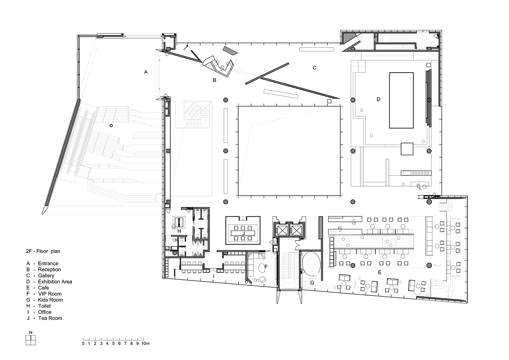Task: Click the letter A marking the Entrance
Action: click(146, 72)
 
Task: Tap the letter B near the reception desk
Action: click(214, 80)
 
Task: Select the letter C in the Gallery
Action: click(315, 68)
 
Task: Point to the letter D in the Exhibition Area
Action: click(378, 100)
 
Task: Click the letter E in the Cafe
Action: click(380, 272)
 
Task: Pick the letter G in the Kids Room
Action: click(312, 283)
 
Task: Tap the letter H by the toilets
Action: click(179, 231)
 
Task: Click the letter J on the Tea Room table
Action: click(243, 234)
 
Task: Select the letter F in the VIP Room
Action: click(266, 267)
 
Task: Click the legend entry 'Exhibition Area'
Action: click(55, 282)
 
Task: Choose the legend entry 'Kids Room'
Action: click(51, 300)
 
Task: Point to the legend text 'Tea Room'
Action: click(50, 318)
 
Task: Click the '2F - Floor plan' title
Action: click(43, 251)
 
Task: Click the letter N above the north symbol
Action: click(31, 332)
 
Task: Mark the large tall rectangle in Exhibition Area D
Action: click(401, 100)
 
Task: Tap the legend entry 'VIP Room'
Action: click(50, 294)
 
